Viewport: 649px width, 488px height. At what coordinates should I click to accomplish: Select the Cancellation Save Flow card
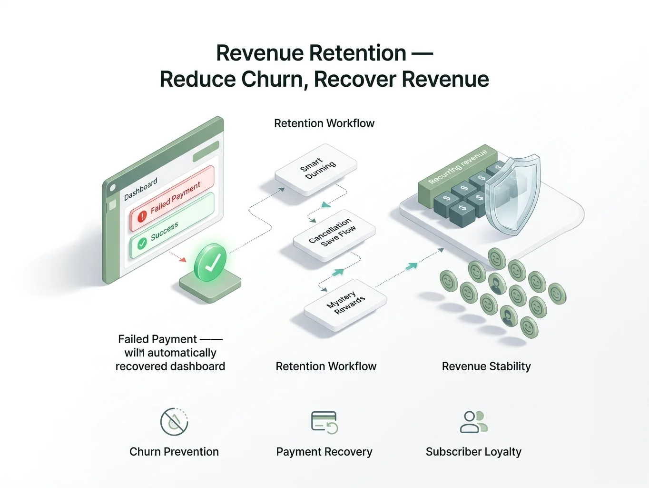tap(334, 234)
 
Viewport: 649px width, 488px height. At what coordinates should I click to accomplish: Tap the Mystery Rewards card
tap(345, 303)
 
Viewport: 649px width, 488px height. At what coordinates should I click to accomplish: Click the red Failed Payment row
tap(173, 198)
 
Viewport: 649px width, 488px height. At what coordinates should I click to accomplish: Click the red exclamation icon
tap(142, 216)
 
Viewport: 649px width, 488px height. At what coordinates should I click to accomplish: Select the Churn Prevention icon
tap(174, 422)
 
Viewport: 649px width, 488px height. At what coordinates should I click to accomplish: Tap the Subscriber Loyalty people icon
tap(473, 422)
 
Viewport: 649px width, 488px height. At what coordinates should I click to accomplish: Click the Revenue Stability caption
tap(486, 366)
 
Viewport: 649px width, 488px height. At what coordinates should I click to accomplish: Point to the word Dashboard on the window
tap(140, 189)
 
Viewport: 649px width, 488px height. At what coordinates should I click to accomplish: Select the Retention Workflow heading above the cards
tap(324, 123)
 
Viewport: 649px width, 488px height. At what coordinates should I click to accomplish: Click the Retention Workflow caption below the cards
tap(326, 366)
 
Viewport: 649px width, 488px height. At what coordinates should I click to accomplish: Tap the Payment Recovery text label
tap(324, 452)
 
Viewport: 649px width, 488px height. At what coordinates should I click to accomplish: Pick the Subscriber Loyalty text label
tap(473, 452)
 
